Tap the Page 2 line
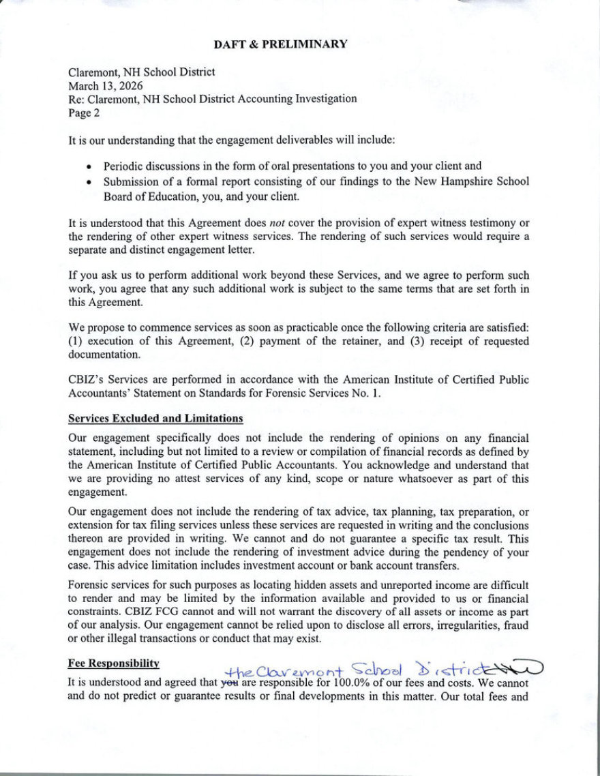[x=84, y=113]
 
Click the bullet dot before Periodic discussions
[x=89, y=166]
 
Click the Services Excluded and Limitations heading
[x=155, y=417]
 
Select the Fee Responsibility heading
[x=114, y=663]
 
